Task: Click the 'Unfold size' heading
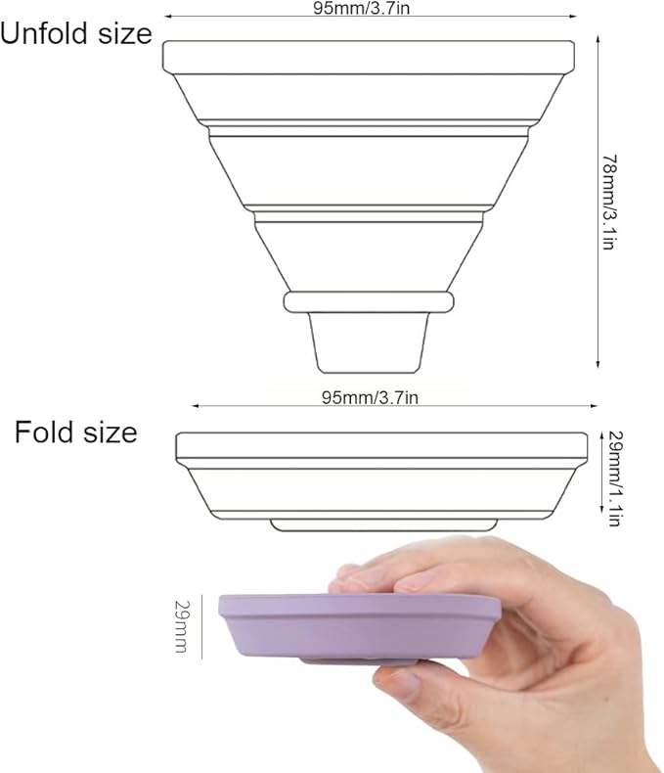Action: (76, 34)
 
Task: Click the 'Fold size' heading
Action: (75, 432)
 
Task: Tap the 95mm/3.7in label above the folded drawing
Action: (371, 397)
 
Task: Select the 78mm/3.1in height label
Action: (608, 202)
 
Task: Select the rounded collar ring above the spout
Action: (369, 301)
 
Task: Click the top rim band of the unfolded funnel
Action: (368, 57)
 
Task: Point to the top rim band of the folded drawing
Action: (381, 446)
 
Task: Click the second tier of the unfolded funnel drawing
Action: (368, 170)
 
